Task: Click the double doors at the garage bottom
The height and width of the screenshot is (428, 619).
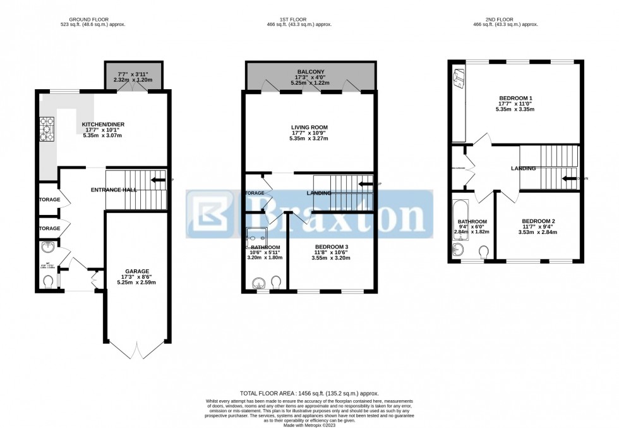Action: [x=136, y=349]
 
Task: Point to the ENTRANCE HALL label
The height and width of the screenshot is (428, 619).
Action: [x=114, y=190]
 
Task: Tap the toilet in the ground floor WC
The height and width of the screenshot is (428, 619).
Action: [x=48, y=280]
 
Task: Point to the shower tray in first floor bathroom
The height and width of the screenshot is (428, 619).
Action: [x=256, y=238]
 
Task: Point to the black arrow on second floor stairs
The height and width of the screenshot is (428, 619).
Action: [x=568, y=179]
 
